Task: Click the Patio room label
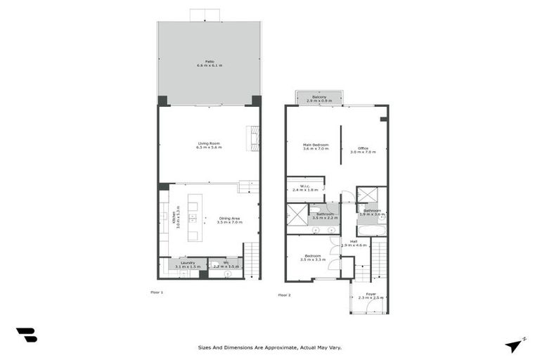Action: (209, 63)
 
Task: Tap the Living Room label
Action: (209, 146)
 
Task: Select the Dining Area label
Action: (229, 219)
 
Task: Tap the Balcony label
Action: (319, 98)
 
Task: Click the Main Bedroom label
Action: (316, 146)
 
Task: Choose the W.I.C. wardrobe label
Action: (305, 188)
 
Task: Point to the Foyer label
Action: (371, 296)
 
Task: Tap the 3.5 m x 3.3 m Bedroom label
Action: (313, 257)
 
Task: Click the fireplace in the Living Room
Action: (252, 139)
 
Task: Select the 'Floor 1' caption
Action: (156, 291)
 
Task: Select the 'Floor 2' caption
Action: (284, 295)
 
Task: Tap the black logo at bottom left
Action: (26, 335)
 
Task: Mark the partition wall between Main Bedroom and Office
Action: (341, 145)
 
